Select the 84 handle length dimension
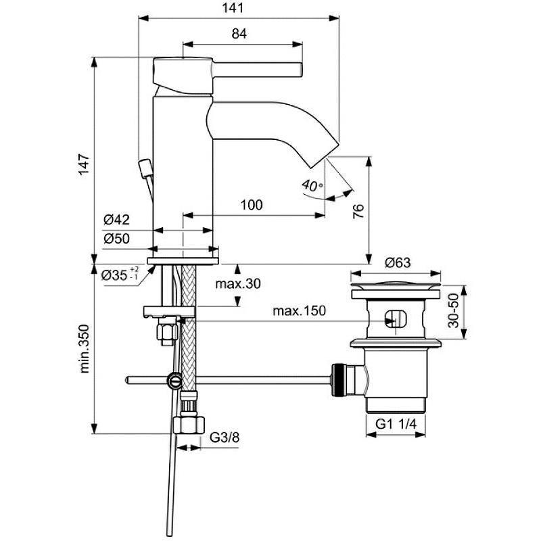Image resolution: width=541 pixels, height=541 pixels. (x=239, y=33)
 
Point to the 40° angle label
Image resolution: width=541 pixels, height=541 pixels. (x=312, y=184)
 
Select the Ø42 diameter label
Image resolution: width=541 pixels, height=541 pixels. (x=116, y=219)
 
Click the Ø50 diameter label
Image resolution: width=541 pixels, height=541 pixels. (x=116, y=238)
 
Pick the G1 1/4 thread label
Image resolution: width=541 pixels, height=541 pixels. (x=396, y=424)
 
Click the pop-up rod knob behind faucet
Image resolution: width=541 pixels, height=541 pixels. (x=144, y=166)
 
